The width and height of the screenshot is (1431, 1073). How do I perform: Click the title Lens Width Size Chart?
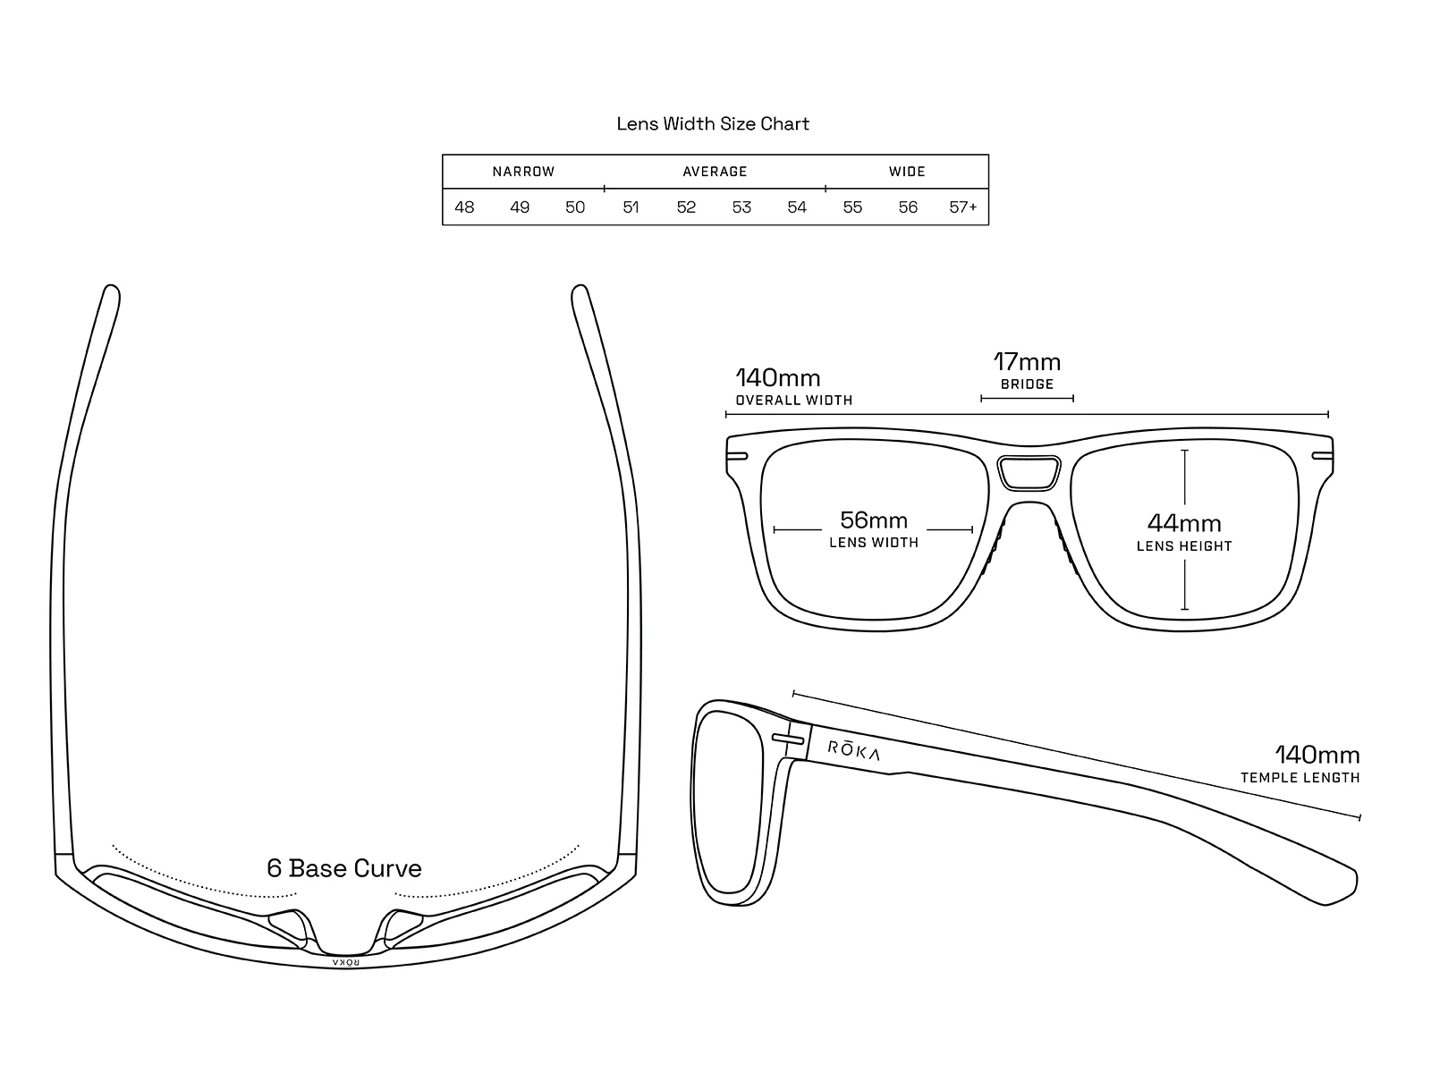[x=713, y=123]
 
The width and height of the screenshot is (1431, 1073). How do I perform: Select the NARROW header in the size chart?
[x=523, y=172]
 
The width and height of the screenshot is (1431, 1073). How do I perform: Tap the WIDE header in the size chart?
[x=907, y=172]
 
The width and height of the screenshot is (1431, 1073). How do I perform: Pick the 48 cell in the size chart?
[x=464, y=207]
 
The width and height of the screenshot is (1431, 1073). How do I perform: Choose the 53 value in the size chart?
[x=741, y=207]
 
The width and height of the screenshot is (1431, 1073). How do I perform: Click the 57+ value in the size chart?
[x=963, y=207]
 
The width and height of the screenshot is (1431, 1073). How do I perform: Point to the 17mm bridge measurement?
[x=1027, y=362]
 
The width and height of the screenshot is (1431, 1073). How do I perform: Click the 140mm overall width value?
[x=778, y=378]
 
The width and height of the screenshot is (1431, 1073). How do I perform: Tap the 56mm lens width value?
[x=874, y=520]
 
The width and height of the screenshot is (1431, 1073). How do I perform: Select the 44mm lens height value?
[x=1184, y=523]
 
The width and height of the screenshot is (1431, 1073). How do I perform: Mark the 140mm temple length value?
[x=1317, y=755]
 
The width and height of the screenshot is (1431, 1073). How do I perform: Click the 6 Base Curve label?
[x=344, y=868]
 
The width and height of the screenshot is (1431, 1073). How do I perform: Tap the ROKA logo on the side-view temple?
[x=854, y=750]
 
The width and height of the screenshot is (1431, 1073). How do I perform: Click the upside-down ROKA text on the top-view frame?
[x=345, y=963]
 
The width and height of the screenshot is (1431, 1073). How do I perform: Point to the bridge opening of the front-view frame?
[x=1029, y=473]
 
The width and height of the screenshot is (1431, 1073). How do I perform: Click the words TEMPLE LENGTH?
[x=1300, y=778]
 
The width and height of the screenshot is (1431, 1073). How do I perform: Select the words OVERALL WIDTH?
[x=794, y=401]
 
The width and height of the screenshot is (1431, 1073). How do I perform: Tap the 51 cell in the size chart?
[x=631, y=207]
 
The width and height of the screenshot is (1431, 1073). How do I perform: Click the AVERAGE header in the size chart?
[x=715, y=172]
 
